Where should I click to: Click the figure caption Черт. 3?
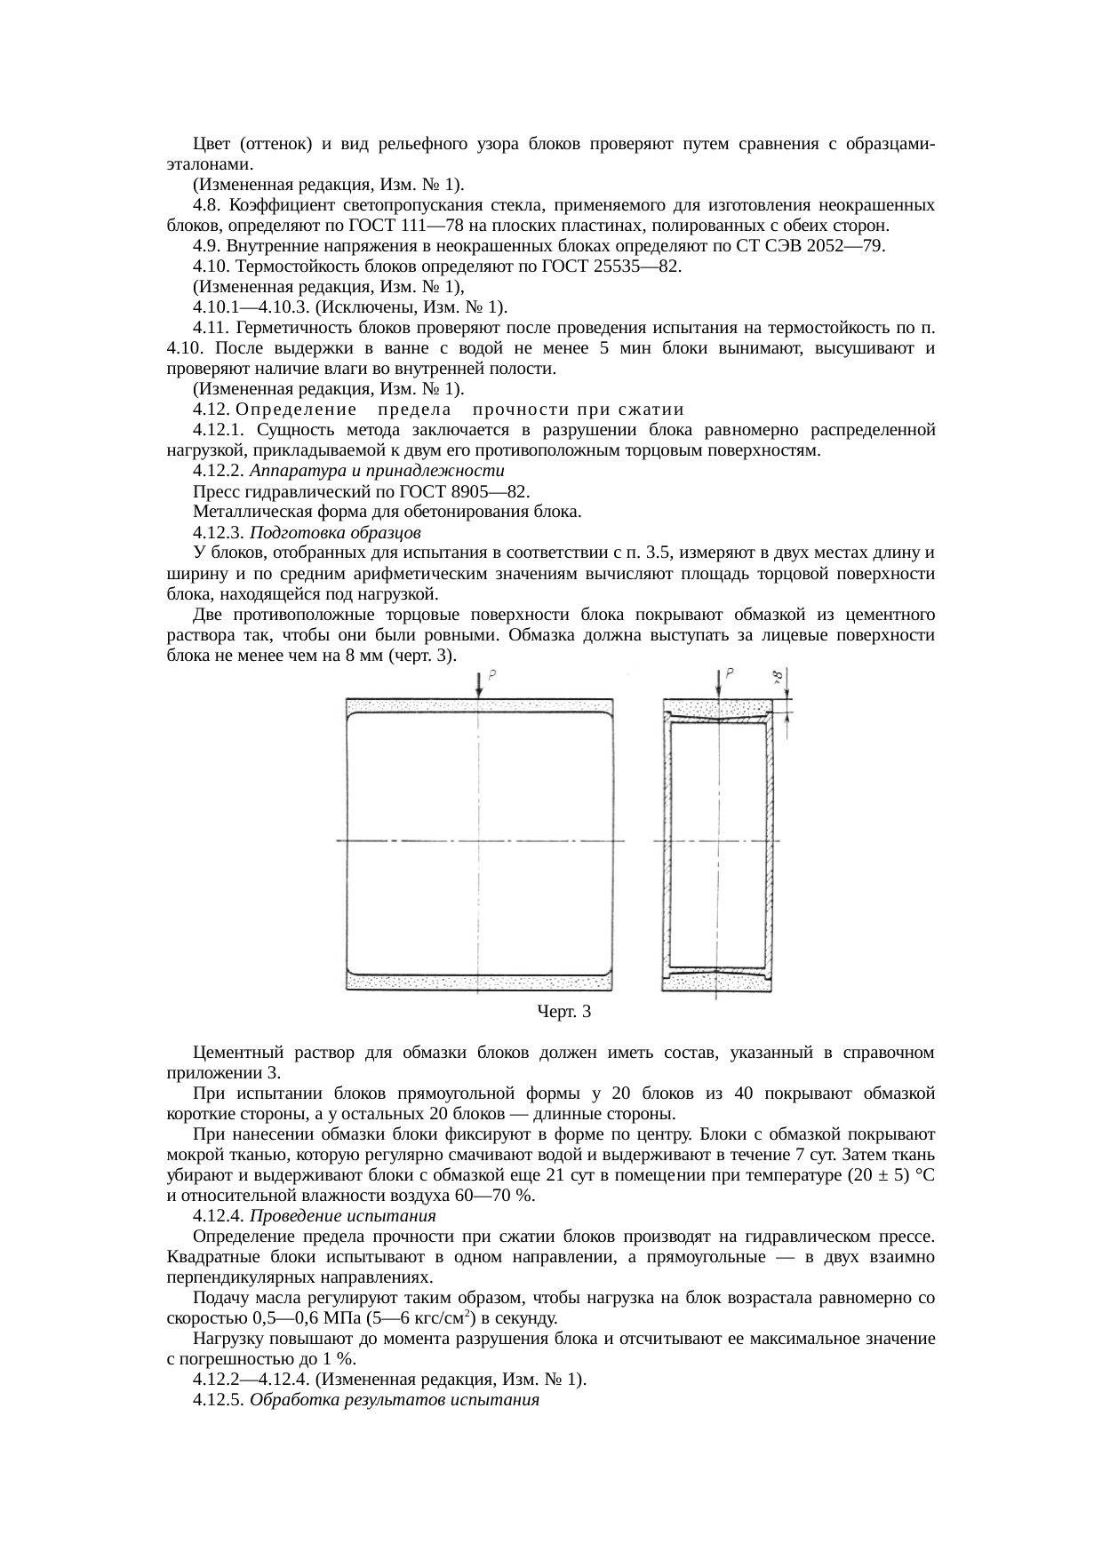tap(563, 1011)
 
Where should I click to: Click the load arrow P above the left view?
tap(480, 684)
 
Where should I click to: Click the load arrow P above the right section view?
tap(718, 684)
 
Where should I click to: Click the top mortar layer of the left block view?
tap(480, 707)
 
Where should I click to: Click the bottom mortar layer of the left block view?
tap(480, 982)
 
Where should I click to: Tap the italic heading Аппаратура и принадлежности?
tap(377, 471)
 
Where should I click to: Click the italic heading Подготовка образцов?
tap(335, 532)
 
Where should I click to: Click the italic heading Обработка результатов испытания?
tap(395, 1400)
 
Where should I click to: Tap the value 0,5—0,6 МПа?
tap(292, 1317)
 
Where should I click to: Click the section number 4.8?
tap(205, 205)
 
